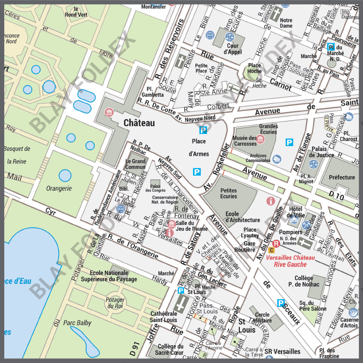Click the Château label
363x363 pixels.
(139, 123)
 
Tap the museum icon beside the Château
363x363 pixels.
(109, 112)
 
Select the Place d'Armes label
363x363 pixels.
(199, 147)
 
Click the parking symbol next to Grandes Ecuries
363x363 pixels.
(290, 142)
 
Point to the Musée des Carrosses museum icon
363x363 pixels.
(260, 139)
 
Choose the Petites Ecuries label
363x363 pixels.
(229, 193)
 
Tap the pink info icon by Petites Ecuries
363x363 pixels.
(270, 201)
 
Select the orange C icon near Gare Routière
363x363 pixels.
(272, 250)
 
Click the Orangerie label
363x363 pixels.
(59, 188)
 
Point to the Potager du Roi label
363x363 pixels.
(115, 303)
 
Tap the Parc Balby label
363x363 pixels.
(77, 323)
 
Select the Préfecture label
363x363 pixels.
(342, 178)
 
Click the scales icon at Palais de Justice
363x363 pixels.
(313, 164)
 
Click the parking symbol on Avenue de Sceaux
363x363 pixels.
(281, 303)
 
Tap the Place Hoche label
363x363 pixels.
(254, 68)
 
